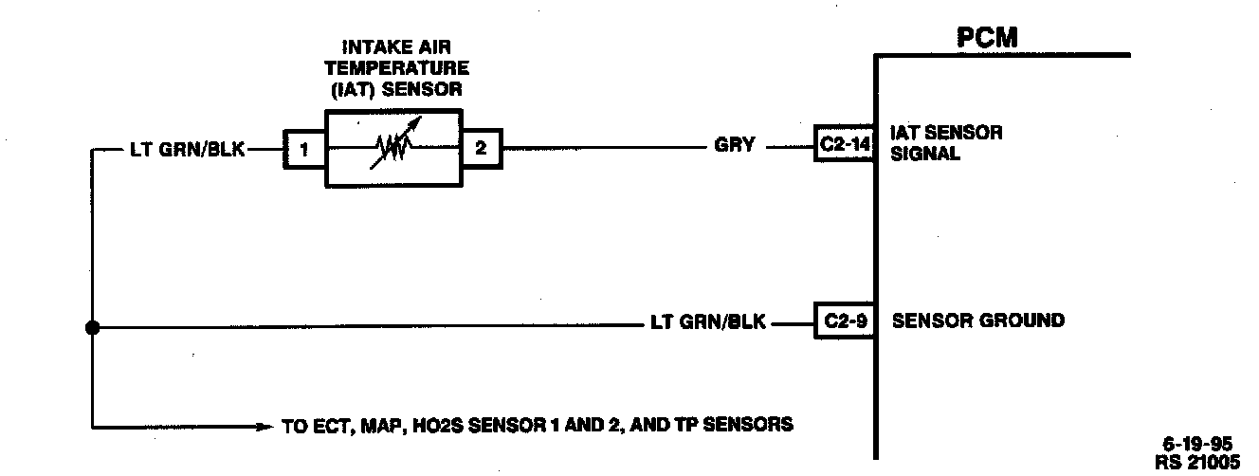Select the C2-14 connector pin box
843,146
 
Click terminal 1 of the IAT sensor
303,149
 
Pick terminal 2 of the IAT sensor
481,149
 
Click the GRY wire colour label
736,146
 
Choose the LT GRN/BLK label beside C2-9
709,322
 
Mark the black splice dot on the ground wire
92,328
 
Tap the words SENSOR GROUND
978,320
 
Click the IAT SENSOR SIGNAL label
946,142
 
